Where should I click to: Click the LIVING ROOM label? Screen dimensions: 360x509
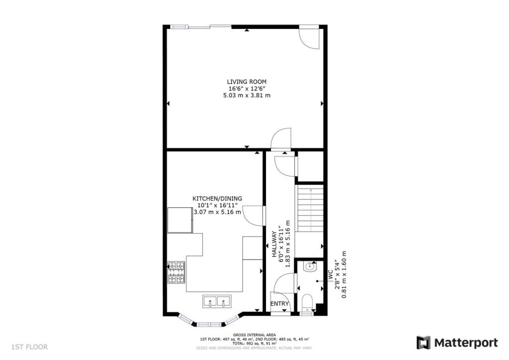coord(247,82)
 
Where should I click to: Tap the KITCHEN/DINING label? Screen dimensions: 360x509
coord(217,198)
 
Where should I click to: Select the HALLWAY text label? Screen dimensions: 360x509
coord(274,244)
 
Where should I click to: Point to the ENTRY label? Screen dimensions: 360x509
coord(279,304)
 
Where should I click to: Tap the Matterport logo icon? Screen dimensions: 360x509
coord(423,343)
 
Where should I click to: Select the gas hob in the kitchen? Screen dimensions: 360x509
coord(176,273)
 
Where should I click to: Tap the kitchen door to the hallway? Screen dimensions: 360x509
coord(254,215)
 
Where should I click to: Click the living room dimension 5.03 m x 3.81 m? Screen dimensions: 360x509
coord(247,95)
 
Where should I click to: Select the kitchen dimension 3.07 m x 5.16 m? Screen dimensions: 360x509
coord(217,212)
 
